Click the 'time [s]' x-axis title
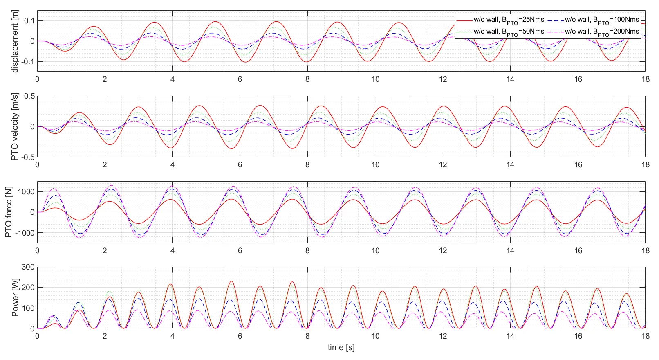click(341, 348)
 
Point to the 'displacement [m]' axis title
click(15, 41)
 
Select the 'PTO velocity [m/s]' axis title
click(15, 127)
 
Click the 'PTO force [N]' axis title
click(9, 212)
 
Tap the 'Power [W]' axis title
click(15, 298)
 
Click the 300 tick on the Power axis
click(28, 267)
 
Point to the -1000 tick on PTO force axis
click(25, 233)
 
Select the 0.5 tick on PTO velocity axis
click(29, 96)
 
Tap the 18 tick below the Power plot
click(645, 336)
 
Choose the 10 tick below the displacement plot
click(375, 79)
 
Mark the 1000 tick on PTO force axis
click(26, 192)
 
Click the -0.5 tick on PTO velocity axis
click(28, 157)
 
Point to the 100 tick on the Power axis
click(28, 308)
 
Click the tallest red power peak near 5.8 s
click(231, 281)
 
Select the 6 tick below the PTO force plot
click(240, 251)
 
